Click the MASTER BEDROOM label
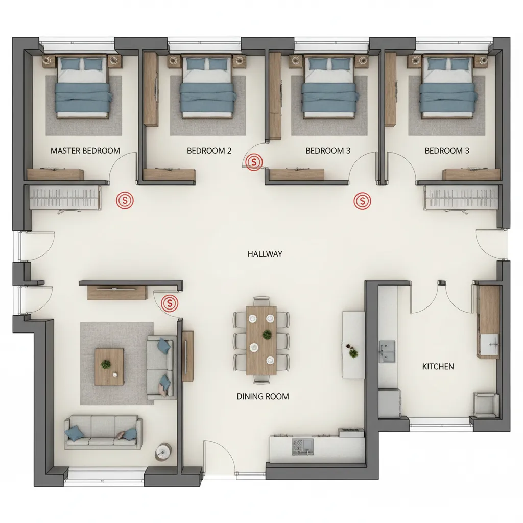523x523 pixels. [x=85, y=151]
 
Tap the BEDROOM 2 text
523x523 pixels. [x=209, y=151]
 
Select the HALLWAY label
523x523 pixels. [x=265, y=254]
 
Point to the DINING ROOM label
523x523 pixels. [x=263, y=396]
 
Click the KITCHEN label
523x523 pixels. [x=438, y=366]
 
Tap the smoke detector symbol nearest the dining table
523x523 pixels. [x=170, y=303]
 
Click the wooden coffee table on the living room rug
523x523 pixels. [x=109, y=367]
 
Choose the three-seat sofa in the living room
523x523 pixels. [x=103, y=432]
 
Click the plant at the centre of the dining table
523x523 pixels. [x=267, y=335]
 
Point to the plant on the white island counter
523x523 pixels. [x=352, y=352]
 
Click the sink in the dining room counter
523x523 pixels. [x=301, y=446]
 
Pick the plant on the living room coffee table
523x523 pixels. [x=106, y=364]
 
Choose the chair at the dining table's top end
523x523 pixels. [x=261, y=301]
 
